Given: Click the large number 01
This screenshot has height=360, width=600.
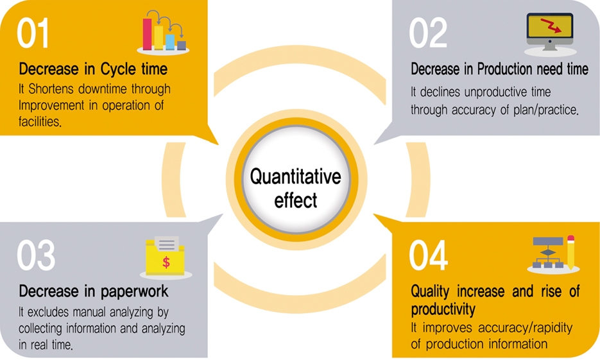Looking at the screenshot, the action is tap(33, 33).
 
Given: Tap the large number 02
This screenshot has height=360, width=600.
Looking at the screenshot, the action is tap(428, 33).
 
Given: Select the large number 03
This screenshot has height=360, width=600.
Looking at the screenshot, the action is tap(36, 255).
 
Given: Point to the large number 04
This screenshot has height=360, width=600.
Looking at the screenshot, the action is tap(429, 255).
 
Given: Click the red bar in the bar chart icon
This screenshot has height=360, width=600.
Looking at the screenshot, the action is tap(148, 33).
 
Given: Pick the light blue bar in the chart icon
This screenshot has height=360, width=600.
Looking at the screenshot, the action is tap(170, 42).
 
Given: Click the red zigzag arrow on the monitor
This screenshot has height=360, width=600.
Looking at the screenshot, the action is tap(551, 25).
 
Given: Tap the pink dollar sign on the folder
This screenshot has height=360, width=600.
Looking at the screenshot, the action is tap(166, 262).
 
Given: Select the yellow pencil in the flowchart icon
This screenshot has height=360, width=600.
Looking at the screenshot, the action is tap(570, 252).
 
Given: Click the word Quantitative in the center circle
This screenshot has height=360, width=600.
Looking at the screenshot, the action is tap(295, 176).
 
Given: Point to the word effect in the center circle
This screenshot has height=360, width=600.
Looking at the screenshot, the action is tap(295, 200).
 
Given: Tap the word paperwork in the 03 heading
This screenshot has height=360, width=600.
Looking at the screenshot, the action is tap(134, 292).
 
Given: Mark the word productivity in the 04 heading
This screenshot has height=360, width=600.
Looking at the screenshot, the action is tap(443, 309).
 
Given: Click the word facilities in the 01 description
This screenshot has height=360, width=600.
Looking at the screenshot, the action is tap(40, 122).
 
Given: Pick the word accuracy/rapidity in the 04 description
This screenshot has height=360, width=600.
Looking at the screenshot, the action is tap(526, 328).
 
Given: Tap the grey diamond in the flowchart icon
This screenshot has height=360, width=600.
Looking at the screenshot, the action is tap(548, 252).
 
